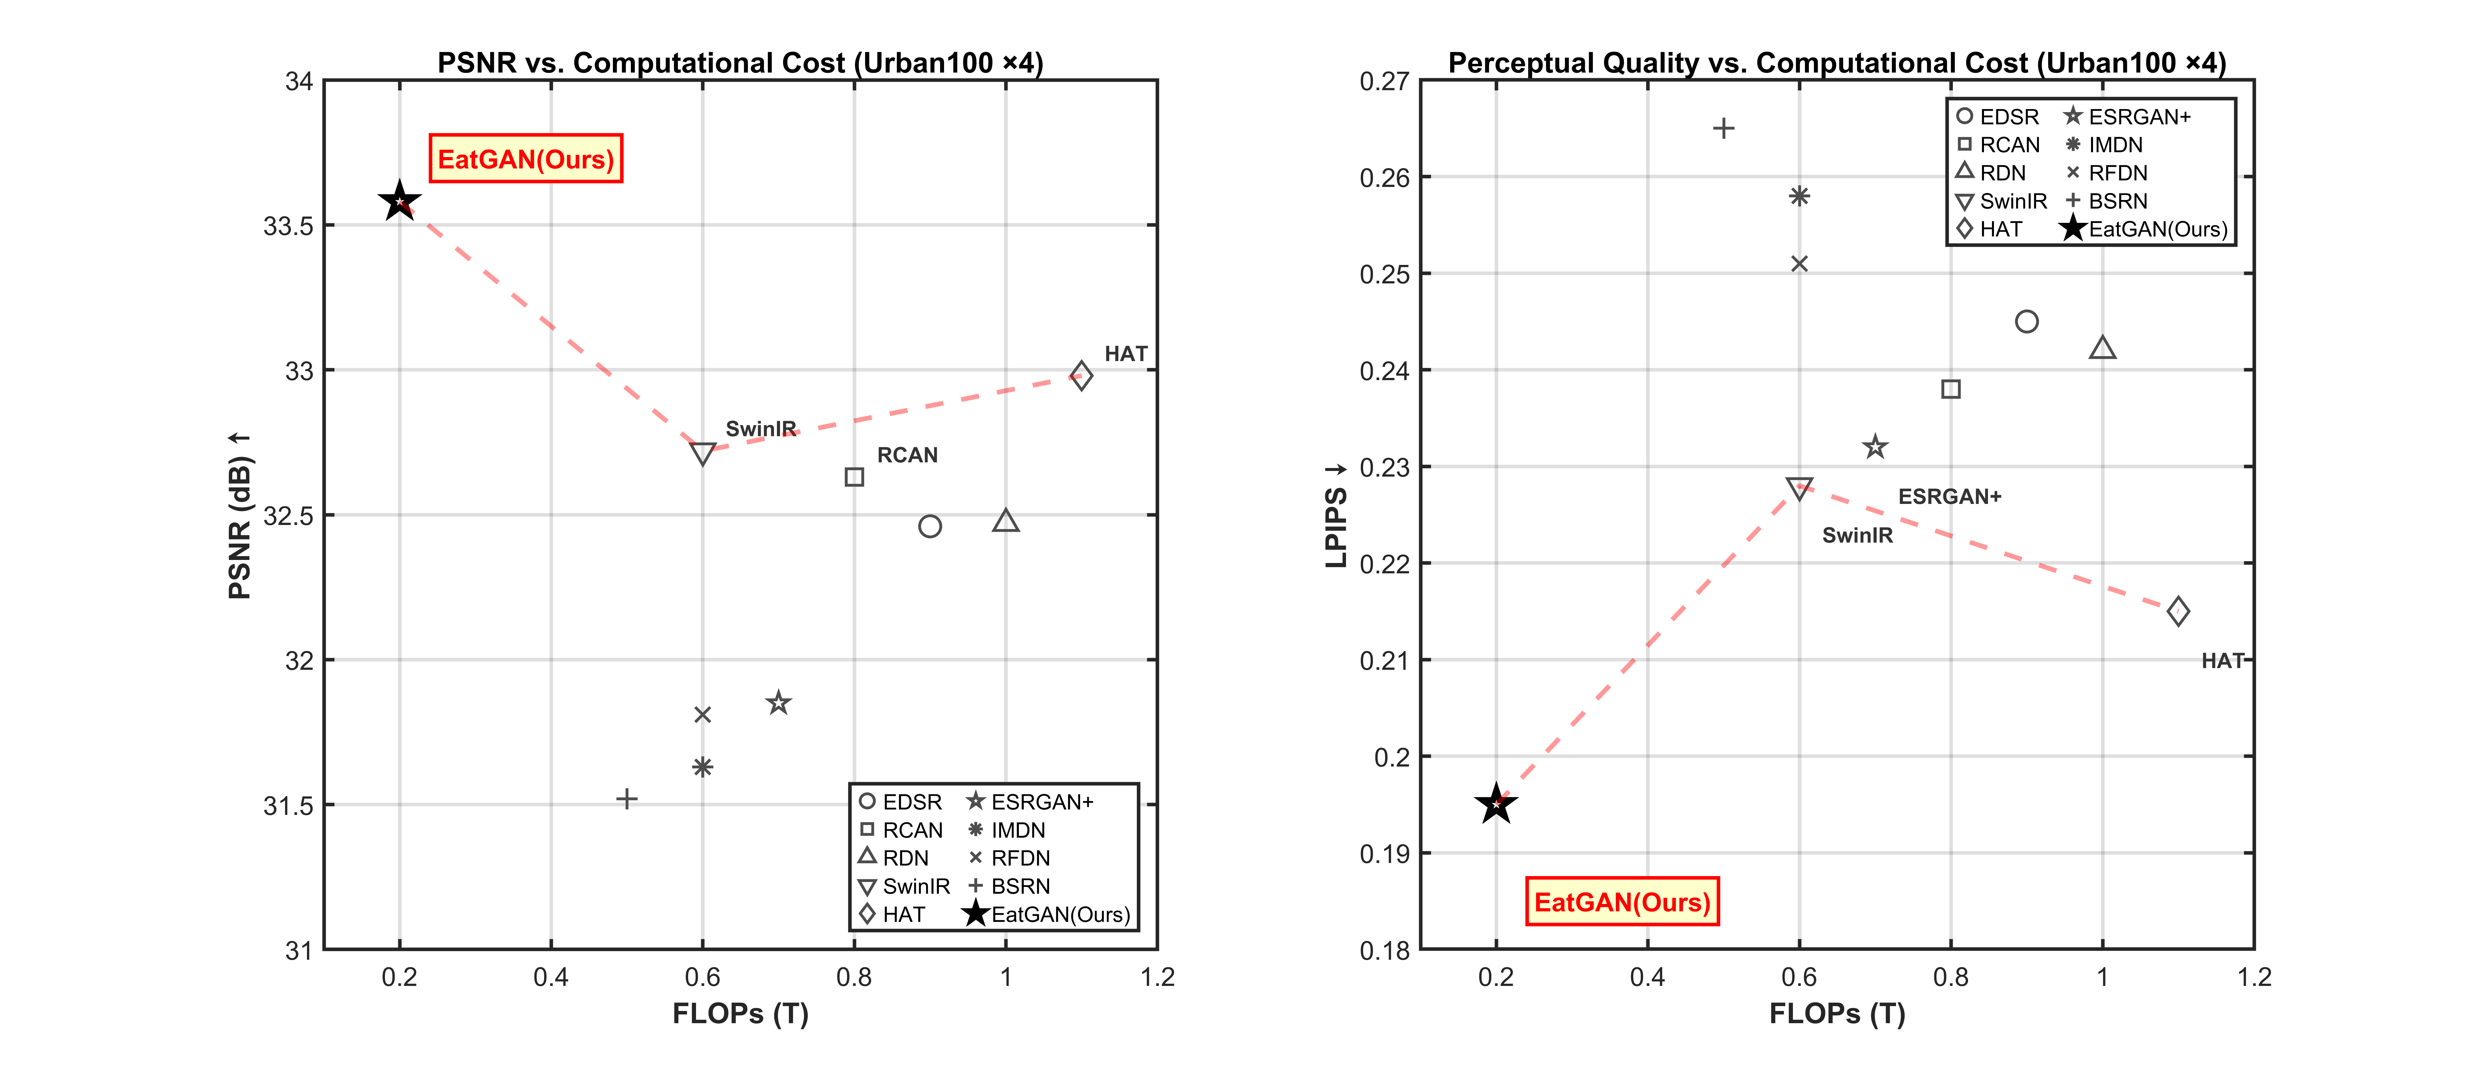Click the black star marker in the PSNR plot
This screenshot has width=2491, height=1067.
[x=399, y=202]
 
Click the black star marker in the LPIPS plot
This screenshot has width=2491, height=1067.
[x=1496, y=804]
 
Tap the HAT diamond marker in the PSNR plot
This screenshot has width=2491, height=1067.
[x=1081, y=375]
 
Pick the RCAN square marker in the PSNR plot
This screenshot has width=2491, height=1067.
[x=854, y=477]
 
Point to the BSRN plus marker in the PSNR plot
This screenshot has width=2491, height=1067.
[x=627, y=798]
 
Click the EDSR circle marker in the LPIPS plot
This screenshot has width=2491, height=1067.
[x=2027, y=321]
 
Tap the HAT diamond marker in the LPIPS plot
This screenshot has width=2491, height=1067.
[x=2178, y=611]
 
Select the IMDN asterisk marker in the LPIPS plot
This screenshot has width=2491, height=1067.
[x=1799, y=196]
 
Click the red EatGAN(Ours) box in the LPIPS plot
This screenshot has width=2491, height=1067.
[x=1622, y=902]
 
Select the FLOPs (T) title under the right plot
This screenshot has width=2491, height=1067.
[x=1836, y=1014]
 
